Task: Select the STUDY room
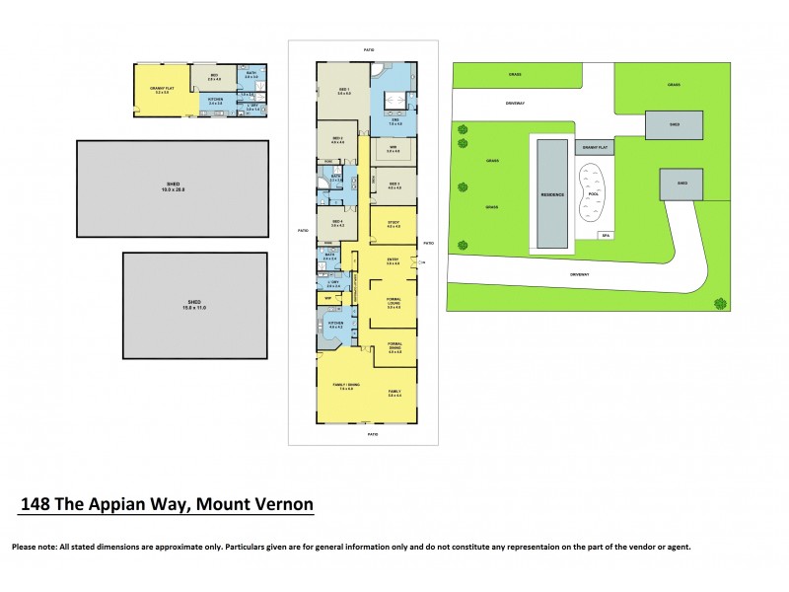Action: coord(393,224)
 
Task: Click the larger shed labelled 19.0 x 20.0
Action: coord(173,187)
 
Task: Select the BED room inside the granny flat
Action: coord(213,77)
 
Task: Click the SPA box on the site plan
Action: coord(606,234)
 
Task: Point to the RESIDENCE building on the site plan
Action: coord(552,193)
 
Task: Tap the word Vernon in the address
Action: coord(282,505)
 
